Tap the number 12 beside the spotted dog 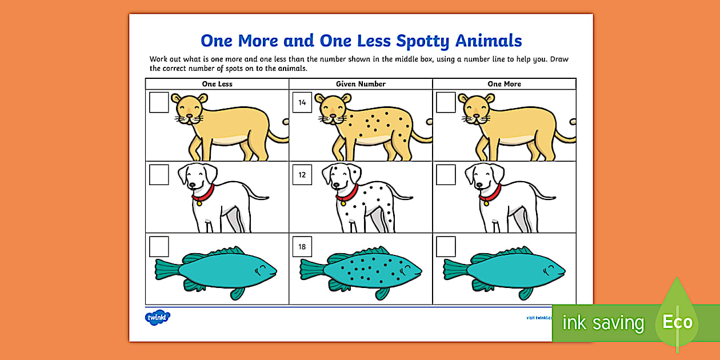click(x=302, y=175)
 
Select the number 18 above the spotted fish click(x=302, y=246)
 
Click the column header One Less click(x=217, y=84)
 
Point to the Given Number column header click(x=361, y=84)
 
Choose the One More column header click(x=504, y=84)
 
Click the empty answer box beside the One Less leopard click(x=159, y=103)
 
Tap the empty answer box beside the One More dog click(x=446, y=175)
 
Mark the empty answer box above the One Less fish click(x=159, y=246)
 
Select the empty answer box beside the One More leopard click(x=446, y=103)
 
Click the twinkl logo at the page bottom click(x=158, y=317)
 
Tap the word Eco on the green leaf click(x=677, y=322)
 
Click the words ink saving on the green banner click(x=603, y=323)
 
